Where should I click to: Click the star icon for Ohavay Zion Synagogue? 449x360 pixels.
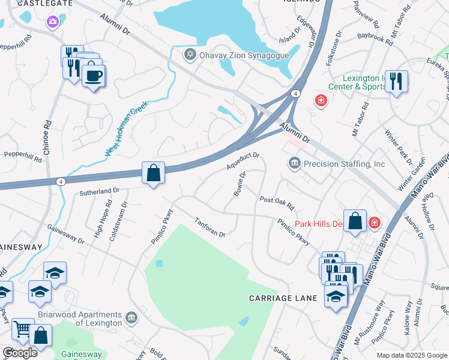pyautogui.click(x=190, y=55)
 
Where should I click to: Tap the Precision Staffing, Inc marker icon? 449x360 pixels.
pyautogui.click(x=294, y=163)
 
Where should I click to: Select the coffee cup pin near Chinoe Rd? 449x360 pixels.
pyautogui.click(x=94, y=76)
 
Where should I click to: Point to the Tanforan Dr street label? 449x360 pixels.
pyautogui.click(x=209, y=227)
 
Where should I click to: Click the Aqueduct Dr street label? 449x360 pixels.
pyautogui.click(x=243, y=160)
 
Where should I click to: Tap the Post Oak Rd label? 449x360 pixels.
pyautogui.click(x=277, y=203)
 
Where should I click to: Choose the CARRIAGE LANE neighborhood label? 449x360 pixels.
pyautogui.click(x=278, y=298)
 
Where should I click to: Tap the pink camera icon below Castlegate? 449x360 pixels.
pyautogui.click(x=53, y=22)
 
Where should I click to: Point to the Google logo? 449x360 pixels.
pyautogui.click(x=20, y=352)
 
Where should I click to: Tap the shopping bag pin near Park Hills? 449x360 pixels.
pyautogui.click(x=355, y=220)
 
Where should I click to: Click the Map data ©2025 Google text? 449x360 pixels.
pyautogui.click(x=411, y=355)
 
